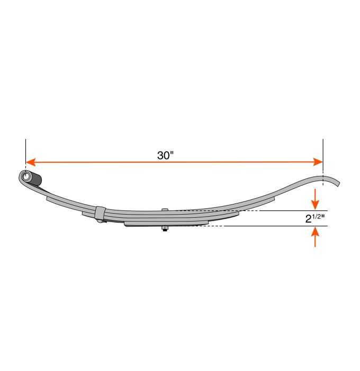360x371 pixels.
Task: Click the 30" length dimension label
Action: (x=166, y=155)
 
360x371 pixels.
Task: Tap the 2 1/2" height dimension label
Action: (x=316, y=218)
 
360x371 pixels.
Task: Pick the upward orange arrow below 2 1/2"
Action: (x=316, y=236)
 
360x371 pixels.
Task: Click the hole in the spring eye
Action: (x=25, y=175)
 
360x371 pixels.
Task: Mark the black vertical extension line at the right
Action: (x=322, y=156)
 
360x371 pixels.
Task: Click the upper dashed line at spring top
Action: (x=249, y=211)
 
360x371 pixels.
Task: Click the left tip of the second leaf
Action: (x=48, y=199)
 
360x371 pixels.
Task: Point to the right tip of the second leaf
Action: (x=275, y=197)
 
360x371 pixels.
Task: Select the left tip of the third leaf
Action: (x=84, y=214)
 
